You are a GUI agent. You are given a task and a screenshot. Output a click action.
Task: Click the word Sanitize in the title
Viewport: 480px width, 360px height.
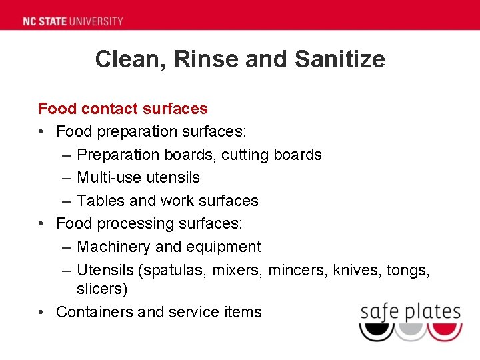click(339, 59)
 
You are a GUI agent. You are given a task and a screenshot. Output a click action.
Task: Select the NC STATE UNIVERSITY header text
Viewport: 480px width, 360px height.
click(73, 21)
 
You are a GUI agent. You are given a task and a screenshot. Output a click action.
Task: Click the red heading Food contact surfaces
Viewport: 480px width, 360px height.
click(123, 109)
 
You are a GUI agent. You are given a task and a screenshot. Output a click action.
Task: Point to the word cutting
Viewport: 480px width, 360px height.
click(245, 155)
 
